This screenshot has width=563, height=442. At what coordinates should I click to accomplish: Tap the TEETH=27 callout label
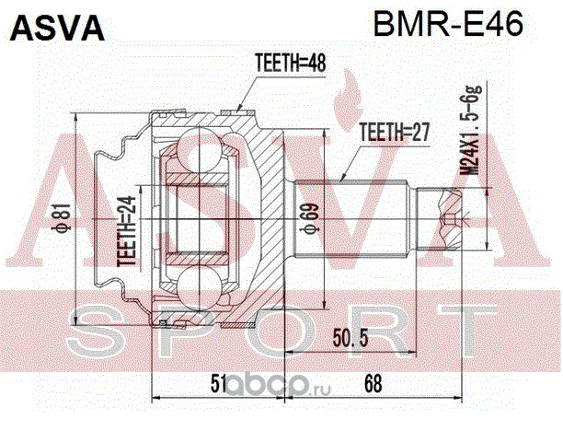tap(395, 132)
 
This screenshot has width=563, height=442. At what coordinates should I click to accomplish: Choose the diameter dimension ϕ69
tap(307, 221)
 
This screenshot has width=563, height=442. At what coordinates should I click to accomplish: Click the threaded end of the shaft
tap(445, 218)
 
